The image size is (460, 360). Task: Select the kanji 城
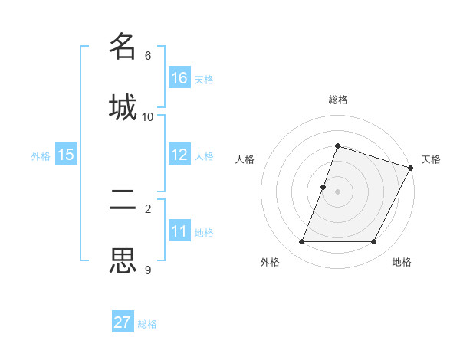(x=123, y=106)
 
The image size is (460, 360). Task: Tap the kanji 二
(x=123, y=199)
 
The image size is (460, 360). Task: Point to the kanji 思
(x=123, y=260)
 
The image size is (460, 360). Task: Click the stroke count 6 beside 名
(x=148, y=56)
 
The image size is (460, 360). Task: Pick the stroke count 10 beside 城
(x=148, y=117)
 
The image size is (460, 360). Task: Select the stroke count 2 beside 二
(x=148, y=208)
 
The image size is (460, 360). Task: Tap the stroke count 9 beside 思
(x=148, y=270)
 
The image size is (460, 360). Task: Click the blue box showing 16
(x=179, y=77)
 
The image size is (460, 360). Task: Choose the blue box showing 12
(x=179, y=155)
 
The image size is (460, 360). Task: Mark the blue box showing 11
(x=179, y=231)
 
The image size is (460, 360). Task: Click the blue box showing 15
(x=66, y=155)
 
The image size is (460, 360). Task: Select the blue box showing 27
(x=123, y=322)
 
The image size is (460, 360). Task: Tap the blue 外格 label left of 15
(x=41, y=155)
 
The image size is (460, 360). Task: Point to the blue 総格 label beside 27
(x=148, y=324)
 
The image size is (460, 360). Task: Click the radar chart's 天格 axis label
(x=431, y=159)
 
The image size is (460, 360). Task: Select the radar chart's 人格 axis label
(x=245, y=159)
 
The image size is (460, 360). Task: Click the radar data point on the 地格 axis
(x=373, y=242)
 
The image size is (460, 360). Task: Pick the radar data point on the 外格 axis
(x=301, y=242)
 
